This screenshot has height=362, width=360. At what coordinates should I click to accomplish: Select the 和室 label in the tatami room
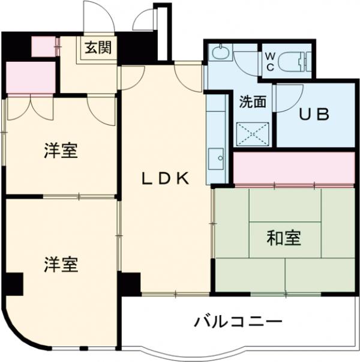[283, 238]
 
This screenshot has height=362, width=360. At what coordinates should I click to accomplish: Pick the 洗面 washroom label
[252, 101]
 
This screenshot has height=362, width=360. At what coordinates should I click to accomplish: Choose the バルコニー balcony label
[237, 321]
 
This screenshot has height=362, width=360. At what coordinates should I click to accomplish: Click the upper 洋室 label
[61, 151]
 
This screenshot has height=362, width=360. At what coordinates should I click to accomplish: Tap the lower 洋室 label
[61, 264]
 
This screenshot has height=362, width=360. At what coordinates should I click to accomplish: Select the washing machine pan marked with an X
[252, 132]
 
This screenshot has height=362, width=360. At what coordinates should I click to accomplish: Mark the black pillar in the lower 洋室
[13, 284]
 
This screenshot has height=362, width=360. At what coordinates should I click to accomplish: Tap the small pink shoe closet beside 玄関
[43, 47]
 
